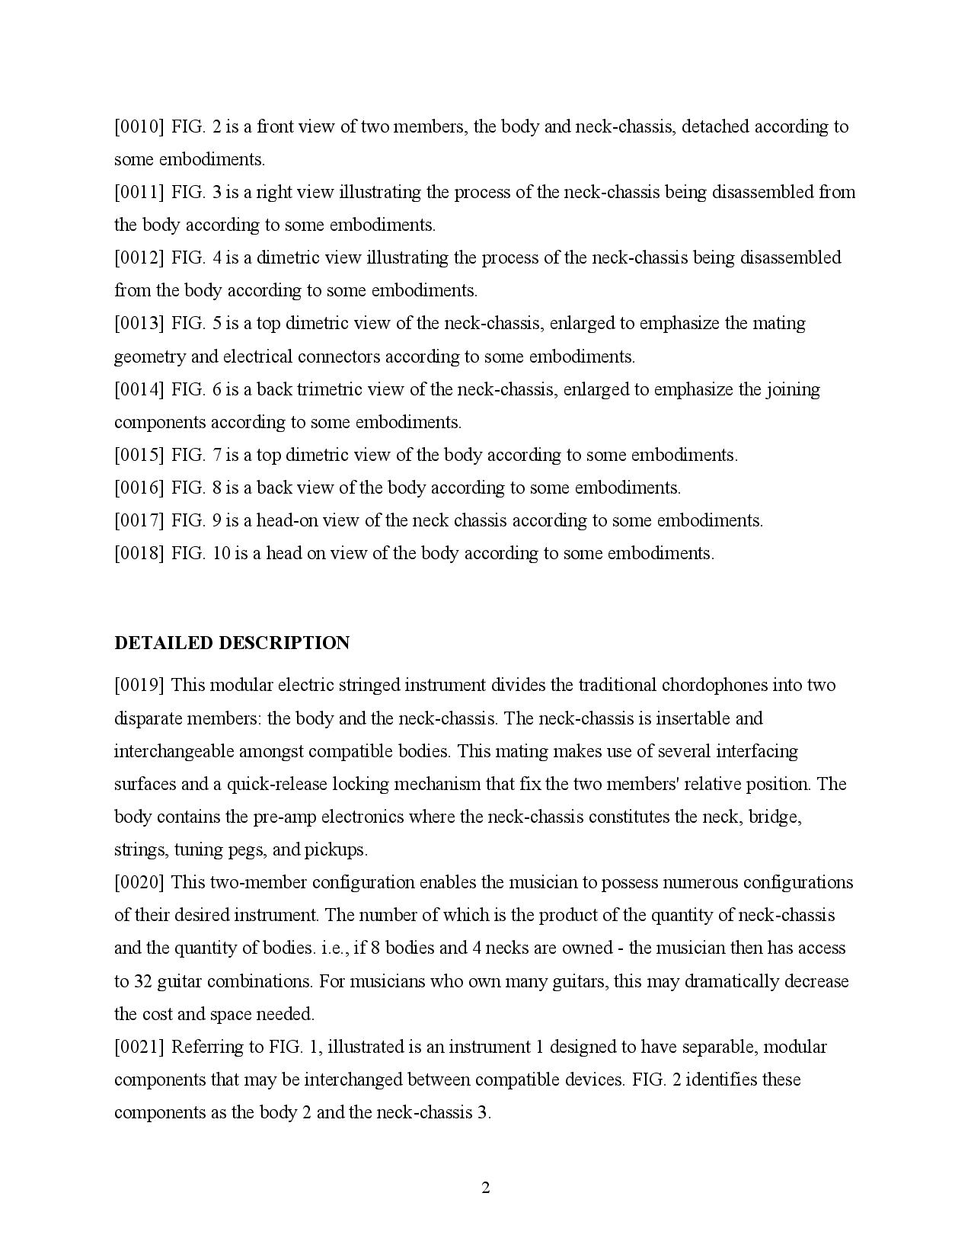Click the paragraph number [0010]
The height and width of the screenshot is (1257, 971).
139,126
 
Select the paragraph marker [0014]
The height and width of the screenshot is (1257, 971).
139,389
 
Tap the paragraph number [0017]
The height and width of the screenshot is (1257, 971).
139,520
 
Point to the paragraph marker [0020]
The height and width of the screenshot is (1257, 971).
139,882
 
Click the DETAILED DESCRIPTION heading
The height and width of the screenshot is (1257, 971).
232,643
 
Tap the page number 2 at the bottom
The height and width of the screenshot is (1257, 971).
485,1188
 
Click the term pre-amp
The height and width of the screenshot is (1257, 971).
285,817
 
